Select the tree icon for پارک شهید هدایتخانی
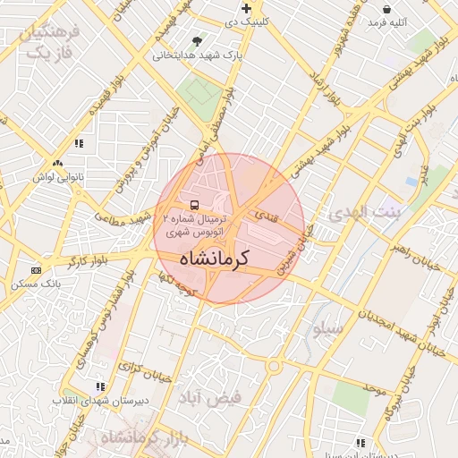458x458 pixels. coord(197,41)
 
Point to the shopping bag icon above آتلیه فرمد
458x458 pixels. coord(386,8)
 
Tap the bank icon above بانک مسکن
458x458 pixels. coord(36,269)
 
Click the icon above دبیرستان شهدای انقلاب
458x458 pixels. coord(100,386)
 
